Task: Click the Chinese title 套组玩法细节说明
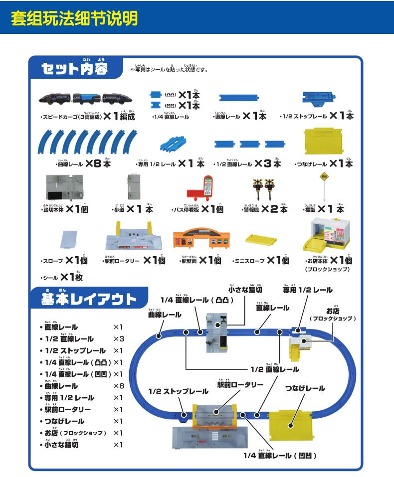click(74, 18)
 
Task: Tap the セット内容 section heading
click(75, 68)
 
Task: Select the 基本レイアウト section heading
click(89, 299)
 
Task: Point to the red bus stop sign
click(203, 188)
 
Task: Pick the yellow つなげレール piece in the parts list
click(324, 141)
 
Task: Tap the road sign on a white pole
click(325, 184)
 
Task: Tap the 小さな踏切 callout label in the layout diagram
click(245, 289)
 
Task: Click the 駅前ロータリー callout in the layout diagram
click(240, 384)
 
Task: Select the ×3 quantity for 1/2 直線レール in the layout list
click(118, 339)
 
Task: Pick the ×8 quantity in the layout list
click(118, 386)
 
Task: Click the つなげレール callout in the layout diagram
click(305, 388)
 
